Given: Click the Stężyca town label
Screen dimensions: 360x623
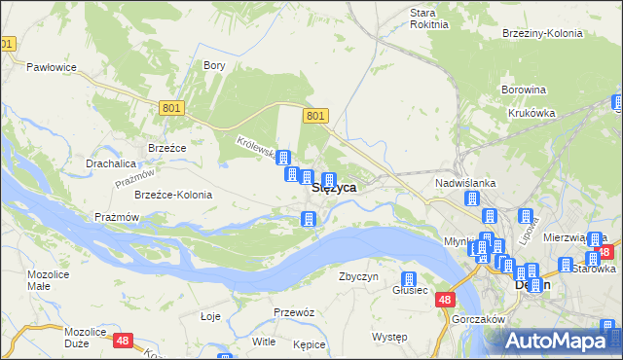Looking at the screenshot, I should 333,188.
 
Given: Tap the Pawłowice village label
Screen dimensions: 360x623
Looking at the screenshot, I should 52,67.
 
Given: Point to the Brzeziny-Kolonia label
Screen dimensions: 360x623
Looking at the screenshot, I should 542,32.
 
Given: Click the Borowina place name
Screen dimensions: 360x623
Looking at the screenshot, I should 523,90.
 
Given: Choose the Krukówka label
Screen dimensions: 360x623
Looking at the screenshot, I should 531,113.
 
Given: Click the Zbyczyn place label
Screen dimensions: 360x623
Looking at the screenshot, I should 358,276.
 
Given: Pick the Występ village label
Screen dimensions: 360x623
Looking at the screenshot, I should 389,337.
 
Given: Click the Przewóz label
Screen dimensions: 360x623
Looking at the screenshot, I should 294,312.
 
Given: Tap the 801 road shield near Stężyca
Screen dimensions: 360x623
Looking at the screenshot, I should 314,116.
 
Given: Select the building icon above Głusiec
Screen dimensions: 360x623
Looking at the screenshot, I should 410,280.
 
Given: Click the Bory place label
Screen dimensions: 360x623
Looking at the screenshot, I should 214,66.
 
